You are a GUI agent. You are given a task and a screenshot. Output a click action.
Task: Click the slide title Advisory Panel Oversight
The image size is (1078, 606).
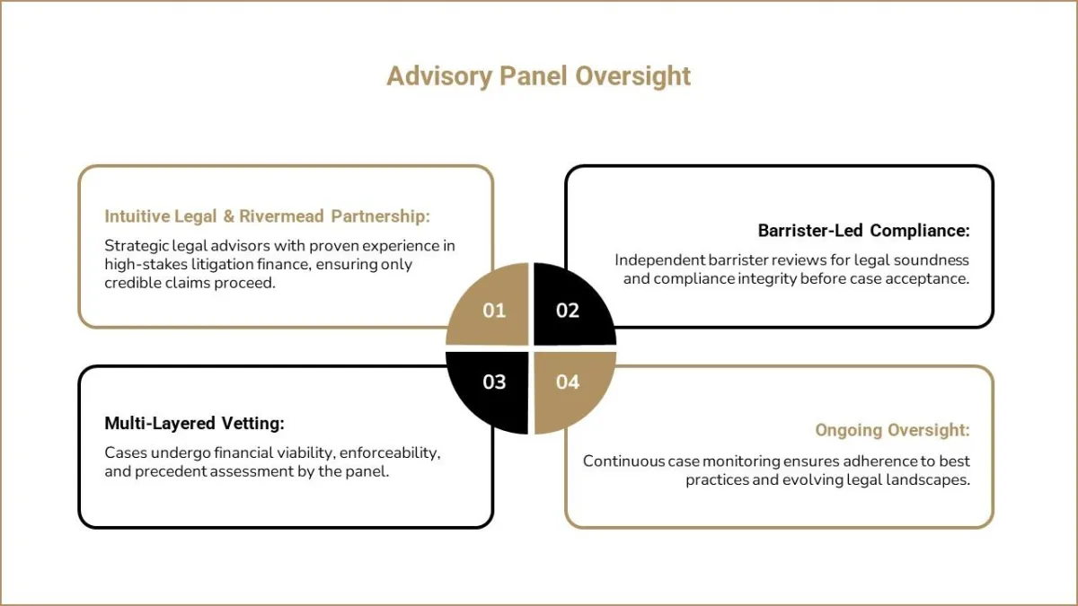point(538,76)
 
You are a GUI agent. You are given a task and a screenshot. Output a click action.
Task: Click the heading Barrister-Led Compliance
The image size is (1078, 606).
point(864,231)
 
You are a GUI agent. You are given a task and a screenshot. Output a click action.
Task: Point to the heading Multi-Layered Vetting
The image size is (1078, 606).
point(194,423)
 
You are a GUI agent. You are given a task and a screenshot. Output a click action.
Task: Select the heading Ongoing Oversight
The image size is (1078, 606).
point(893,430)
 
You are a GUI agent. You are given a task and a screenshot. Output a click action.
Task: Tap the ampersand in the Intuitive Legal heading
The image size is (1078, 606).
point(228,216)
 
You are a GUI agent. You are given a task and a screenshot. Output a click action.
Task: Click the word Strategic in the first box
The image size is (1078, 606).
point(137,246)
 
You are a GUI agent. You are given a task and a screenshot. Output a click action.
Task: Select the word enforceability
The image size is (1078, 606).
point(390,453)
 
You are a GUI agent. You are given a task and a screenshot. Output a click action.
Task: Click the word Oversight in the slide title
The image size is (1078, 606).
point(632,76)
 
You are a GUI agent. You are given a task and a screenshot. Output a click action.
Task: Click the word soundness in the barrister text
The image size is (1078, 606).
point(932,260)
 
